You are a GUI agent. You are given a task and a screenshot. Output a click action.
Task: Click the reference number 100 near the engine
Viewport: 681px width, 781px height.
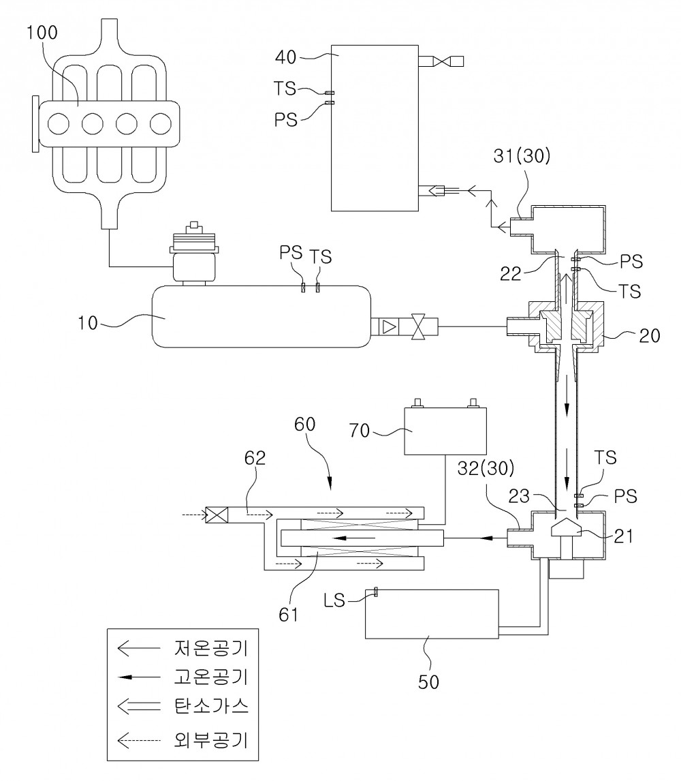click(x=42, y=33)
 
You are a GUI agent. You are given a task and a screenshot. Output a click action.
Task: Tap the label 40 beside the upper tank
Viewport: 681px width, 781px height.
click(x=286, y=57)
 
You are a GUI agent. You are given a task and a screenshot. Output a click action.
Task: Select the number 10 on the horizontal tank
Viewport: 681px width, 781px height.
click(x=88, y=323)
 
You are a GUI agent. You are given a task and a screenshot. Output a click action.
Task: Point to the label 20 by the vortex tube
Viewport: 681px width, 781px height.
click(x=649, y=336)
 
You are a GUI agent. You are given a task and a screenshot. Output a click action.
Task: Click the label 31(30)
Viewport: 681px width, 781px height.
click(x=522, y=156)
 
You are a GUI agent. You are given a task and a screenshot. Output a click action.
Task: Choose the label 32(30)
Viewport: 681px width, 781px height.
click(x=486, y=468)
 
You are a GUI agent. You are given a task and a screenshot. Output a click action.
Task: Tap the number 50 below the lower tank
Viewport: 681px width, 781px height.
click(x=428, y=682)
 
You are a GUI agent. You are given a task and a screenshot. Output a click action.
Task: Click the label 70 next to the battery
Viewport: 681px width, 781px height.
click(x=360, y=430)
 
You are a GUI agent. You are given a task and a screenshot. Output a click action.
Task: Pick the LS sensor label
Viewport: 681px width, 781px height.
click(x=334, y=600)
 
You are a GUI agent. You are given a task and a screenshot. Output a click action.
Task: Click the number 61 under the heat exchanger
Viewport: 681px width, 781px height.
click(x=288, y=615)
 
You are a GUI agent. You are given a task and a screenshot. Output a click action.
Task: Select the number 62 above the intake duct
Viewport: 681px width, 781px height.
click(x=255, y=458)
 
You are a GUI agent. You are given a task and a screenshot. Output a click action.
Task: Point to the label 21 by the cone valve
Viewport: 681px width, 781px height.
click(x=623, y=536)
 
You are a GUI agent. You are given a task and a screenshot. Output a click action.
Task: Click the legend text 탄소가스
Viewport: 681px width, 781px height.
click(x=211, y=706)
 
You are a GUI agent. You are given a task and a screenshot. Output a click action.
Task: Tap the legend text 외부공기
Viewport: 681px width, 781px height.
click(x=211, y=739)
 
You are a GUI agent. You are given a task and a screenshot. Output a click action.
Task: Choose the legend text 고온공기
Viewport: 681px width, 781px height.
click(x=211, y=677)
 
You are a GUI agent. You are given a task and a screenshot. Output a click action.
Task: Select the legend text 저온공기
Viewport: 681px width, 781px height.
click(x=211, y=648)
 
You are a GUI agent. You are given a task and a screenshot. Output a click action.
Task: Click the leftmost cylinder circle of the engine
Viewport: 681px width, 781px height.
click(x=59, y=123)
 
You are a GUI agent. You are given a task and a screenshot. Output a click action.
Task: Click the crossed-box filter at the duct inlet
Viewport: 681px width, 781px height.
click(x=217, y=515)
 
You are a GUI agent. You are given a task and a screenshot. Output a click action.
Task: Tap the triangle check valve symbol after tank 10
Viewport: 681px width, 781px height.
click(x=390, y=326)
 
